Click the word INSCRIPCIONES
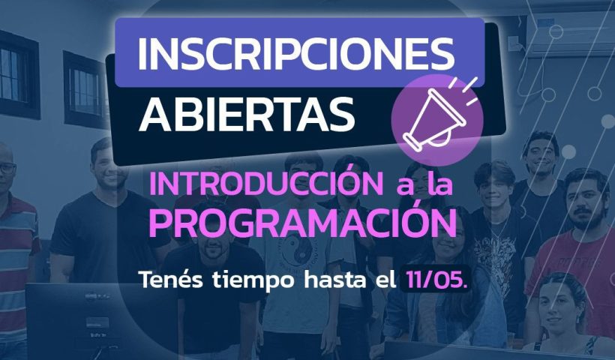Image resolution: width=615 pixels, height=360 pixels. tap(296, 53)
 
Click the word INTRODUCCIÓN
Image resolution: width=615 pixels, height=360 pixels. tap(266, 184)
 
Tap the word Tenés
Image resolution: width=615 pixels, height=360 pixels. tap(172, 279)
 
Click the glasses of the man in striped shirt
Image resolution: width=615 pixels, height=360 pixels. tap(7, 169)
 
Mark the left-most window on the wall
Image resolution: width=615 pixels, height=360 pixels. tap(18, 75)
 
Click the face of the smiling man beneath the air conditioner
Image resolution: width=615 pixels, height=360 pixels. tap(541, 154)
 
